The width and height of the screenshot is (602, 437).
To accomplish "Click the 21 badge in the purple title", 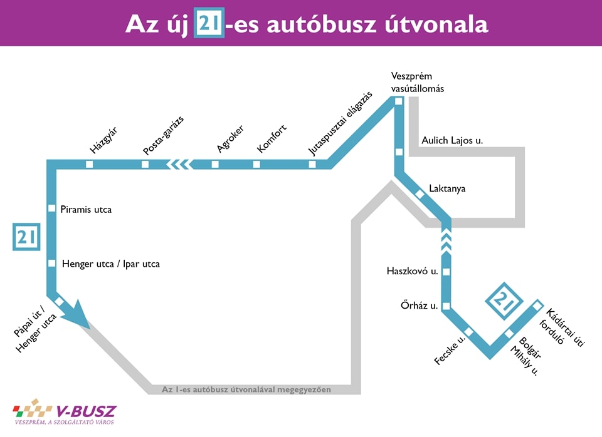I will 209,23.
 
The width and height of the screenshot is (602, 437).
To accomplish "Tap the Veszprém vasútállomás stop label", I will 417,82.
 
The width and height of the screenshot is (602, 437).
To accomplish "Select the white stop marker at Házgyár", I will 89,164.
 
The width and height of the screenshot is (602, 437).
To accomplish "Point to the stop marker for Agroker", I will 215,164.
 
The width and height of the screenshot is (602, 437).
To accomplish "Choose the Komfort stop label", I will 272,139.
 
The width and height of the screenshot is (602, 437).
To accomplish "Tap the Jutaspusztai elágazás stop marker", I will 312,164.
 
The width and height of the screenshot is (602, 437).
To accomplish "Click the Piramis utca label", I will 86,210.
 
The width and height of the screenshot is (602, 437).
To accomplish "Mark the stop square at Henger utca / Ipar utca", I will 52,263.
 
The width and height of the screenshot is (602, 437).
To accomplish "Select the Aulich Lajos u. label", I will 452,141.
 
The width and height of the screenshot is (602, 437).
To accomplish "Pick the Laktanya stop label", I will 447,188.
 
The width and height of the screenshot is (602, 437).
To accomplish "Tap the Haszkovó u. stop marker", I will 446,272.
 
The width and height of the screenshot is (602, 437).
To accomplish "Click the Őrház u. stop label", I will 419,306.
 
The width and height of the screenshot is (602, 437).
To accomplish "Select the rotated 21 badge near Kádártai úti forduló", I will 504,299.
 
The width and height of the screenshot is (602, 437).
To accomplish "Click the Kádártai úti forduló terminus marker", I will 537,305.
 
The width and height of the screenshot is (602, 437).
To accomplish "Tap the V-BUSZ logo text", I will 86,411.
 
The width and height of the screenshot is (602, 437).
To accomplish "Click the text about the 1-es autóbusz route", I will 246,389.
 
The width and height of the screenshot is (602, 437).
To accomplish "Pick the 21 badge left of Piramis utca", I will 26,237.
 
